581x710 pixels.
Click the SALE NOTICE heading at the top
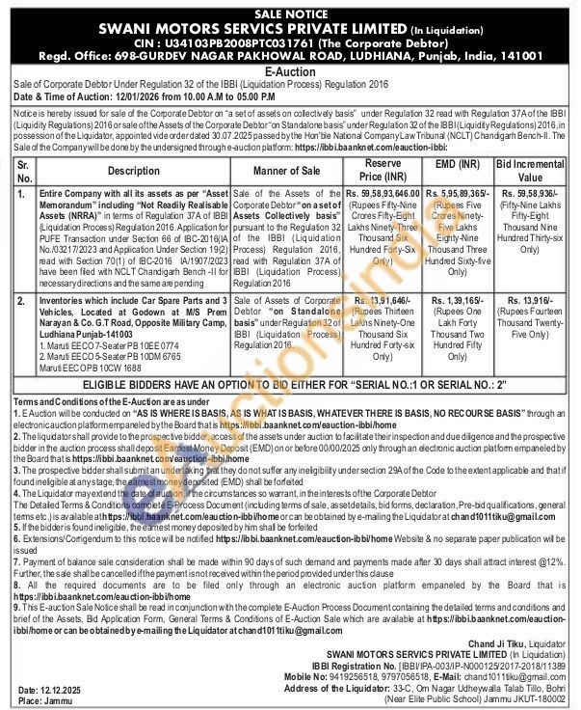pyautogui.click(x=290, y=14)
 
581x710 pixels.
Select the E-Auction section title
pyautogui.click(x=290, y=71)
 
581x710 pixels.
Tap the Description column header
pyautogui.click(x=120, y=171)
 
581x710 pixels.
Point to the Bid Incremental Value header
pyautogui.click(x=531, y=171)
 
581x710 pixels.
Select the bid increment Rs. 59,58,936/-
pyautogui.click(x=531, y=195)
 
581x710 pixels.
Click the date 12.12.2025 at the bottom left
pyautogui.click(x=65, y=691)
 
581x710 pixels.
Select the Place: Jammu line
pyautogui.click(x=44, y=701)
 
